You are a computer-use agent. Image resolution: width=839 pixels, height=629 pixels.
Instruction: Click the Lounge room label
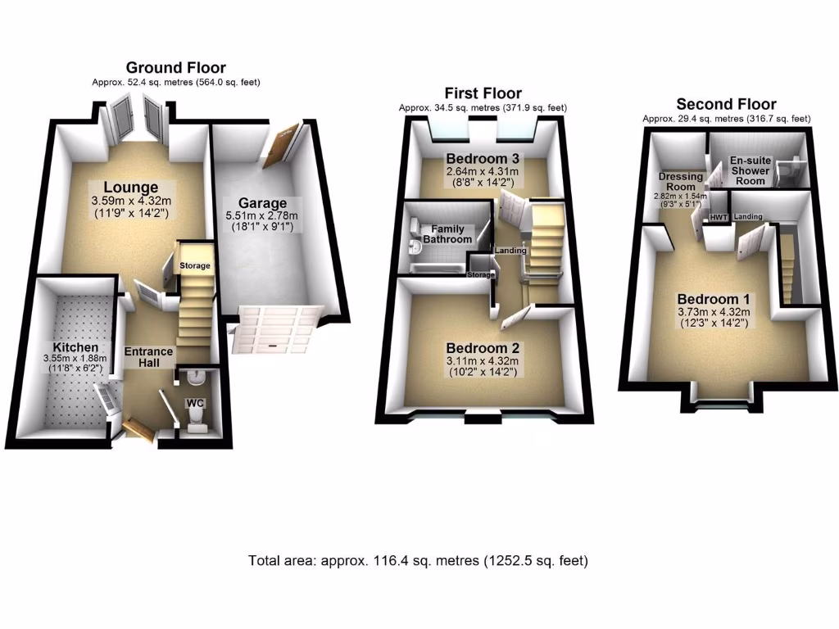point(131,188)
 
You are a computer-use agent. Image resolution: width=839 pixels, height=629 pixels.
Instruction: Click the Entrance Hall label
point(148,357)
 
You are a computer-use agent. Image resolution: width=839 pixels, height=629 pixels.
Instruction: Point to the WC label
point(195,403)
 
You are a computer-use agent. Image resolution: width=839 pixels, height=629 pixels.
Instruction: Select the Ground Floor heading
point(175,68)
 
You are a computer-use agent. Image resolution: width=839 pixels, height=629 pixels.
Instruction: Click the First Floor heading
point(483,93)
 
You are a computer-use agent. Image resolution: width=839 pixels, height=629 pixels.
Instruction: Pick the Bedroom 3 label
point(483,158)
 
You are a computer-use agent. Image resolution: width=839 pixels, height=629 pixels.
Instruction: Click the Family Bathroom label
point(447,234)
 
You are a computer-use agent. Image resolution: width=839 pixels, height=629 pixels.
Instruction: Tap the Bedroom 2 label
point(483,348)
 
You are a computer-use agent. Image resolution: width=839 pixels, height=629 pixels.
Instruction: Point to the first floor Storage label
point(482,275)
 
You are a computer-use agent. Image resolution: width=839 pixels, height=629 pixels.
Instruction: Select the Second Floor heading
point(726,104)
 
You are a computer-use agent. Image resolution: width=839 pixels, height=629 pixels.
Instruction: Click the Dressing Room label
point(681,181)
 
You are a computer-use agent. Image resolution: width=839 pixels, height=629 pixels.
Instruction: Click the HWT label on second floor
point(719,217)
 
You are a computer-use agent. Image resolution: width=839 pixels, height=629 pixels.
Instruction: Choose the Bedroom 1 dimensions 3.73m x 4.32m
point(712,311)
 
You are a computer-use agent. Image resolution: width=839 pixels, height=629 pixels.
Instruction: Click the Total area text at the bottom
point(419,561)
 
